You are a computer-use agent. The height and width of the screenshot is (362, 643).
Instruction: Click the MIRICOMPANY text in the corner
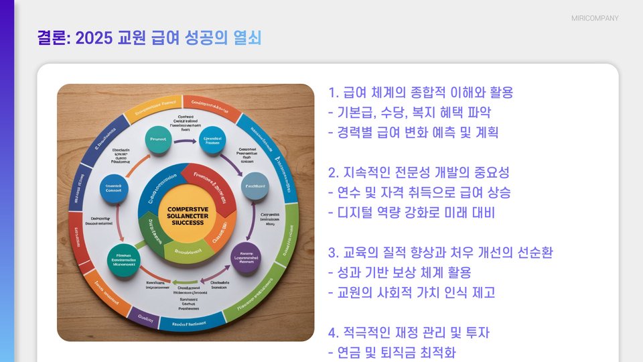tap(595, 18)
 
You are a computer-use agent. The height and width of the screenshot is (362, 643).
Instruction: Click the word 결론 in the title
tap(53, 38)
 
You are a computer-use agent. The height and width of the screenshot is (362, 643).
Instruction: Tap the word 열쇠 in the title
tap(247, 38)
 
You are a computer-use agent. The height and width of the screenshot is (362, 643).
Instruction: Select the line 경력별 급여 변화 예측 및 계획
tap(413, 133)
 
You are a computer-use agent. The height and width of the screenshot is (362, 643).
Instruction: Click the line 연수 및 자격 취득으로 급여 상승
tap(419, 193)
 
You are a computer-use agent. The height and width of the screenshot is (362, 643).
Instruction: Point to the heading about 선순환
tap(440, 253)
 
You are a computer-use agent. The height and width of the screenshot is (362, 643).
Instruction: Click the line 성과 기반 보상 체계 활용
tap(400, 273)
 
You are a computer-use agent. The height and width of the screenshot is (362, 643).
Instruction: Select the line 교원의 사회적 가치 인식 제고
tap(411, 293)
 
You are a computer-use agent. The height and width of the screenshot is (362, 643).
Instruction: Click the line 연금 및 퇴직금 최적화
tap(392, 353)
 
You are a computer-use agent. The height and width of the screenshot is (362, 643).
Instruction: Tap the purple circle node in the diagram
tap(245, 257)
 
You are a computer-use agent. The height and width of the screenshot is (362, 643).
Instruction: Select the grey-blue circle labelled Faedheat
tap(255, 186)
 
